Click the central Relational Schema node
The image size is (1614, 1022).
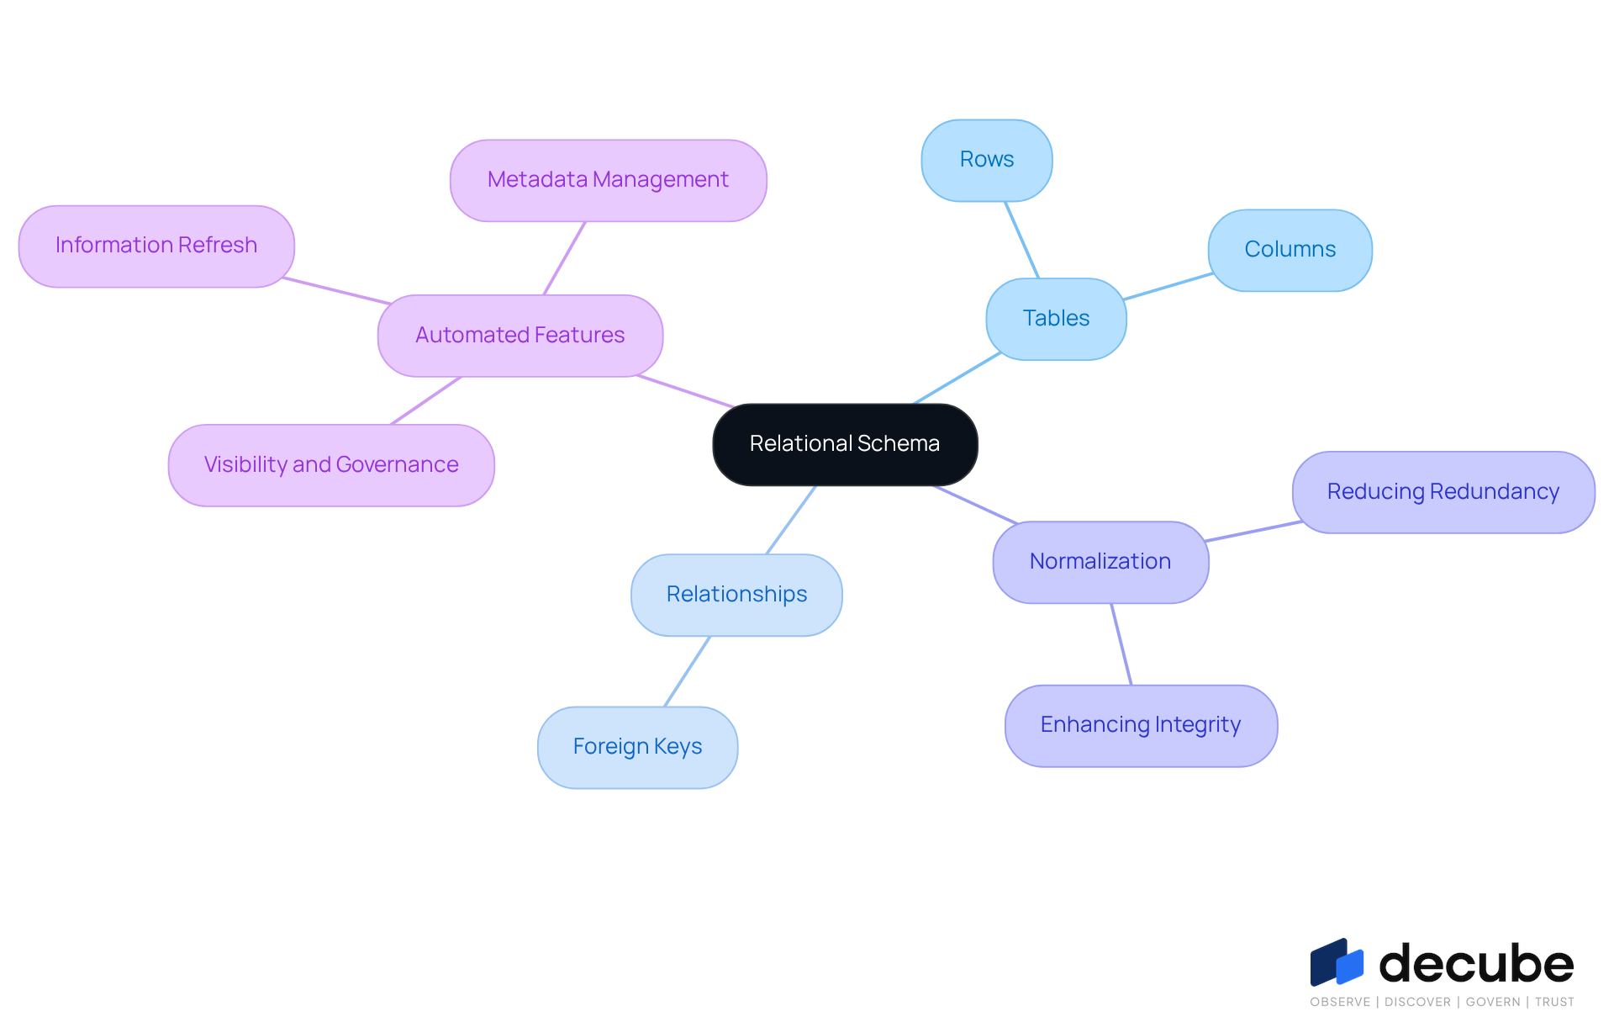click(845, 444)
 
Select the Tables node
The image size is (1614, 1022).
click(1056, 319)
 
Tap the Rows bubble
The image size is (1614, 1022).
click(987, 160)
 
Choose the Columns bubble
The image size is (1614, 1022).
click(1290, 250)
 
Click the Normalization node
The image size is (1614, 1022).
click(1100, 562)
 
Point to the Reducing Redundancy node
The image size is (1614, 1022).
click(1443, 492)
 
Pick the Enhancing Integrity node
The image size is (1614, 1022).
click(1141, 725)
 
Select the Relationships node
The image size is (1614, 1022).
click(736, 595)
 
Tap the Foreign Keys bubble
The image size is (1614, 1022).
click(637, 747)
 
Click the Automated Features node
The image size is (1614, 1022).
click(520, 336)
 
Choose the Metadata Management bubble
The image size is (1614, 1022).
click(608, 180)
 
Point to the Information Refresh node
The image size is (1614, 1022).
click(156, 246)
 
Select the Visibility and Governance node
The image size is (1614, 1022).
click(331, 465)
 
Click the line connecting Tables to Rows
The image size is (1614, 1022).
click(1022, 240)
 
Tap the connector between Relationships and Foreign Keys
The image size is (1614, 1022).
click(688, 671)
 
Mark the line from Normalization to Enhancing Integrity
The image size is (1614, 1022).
click(1121, 644)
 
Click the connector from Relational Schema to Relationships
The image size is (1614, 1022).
click(791, 520)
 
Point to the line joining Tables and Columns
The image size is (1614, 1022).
click(1168, 287)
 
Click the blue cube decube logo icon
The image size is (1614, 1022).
click(1337, 962)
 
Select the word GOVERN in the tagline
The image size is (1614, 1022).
click(1493, 1002)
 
